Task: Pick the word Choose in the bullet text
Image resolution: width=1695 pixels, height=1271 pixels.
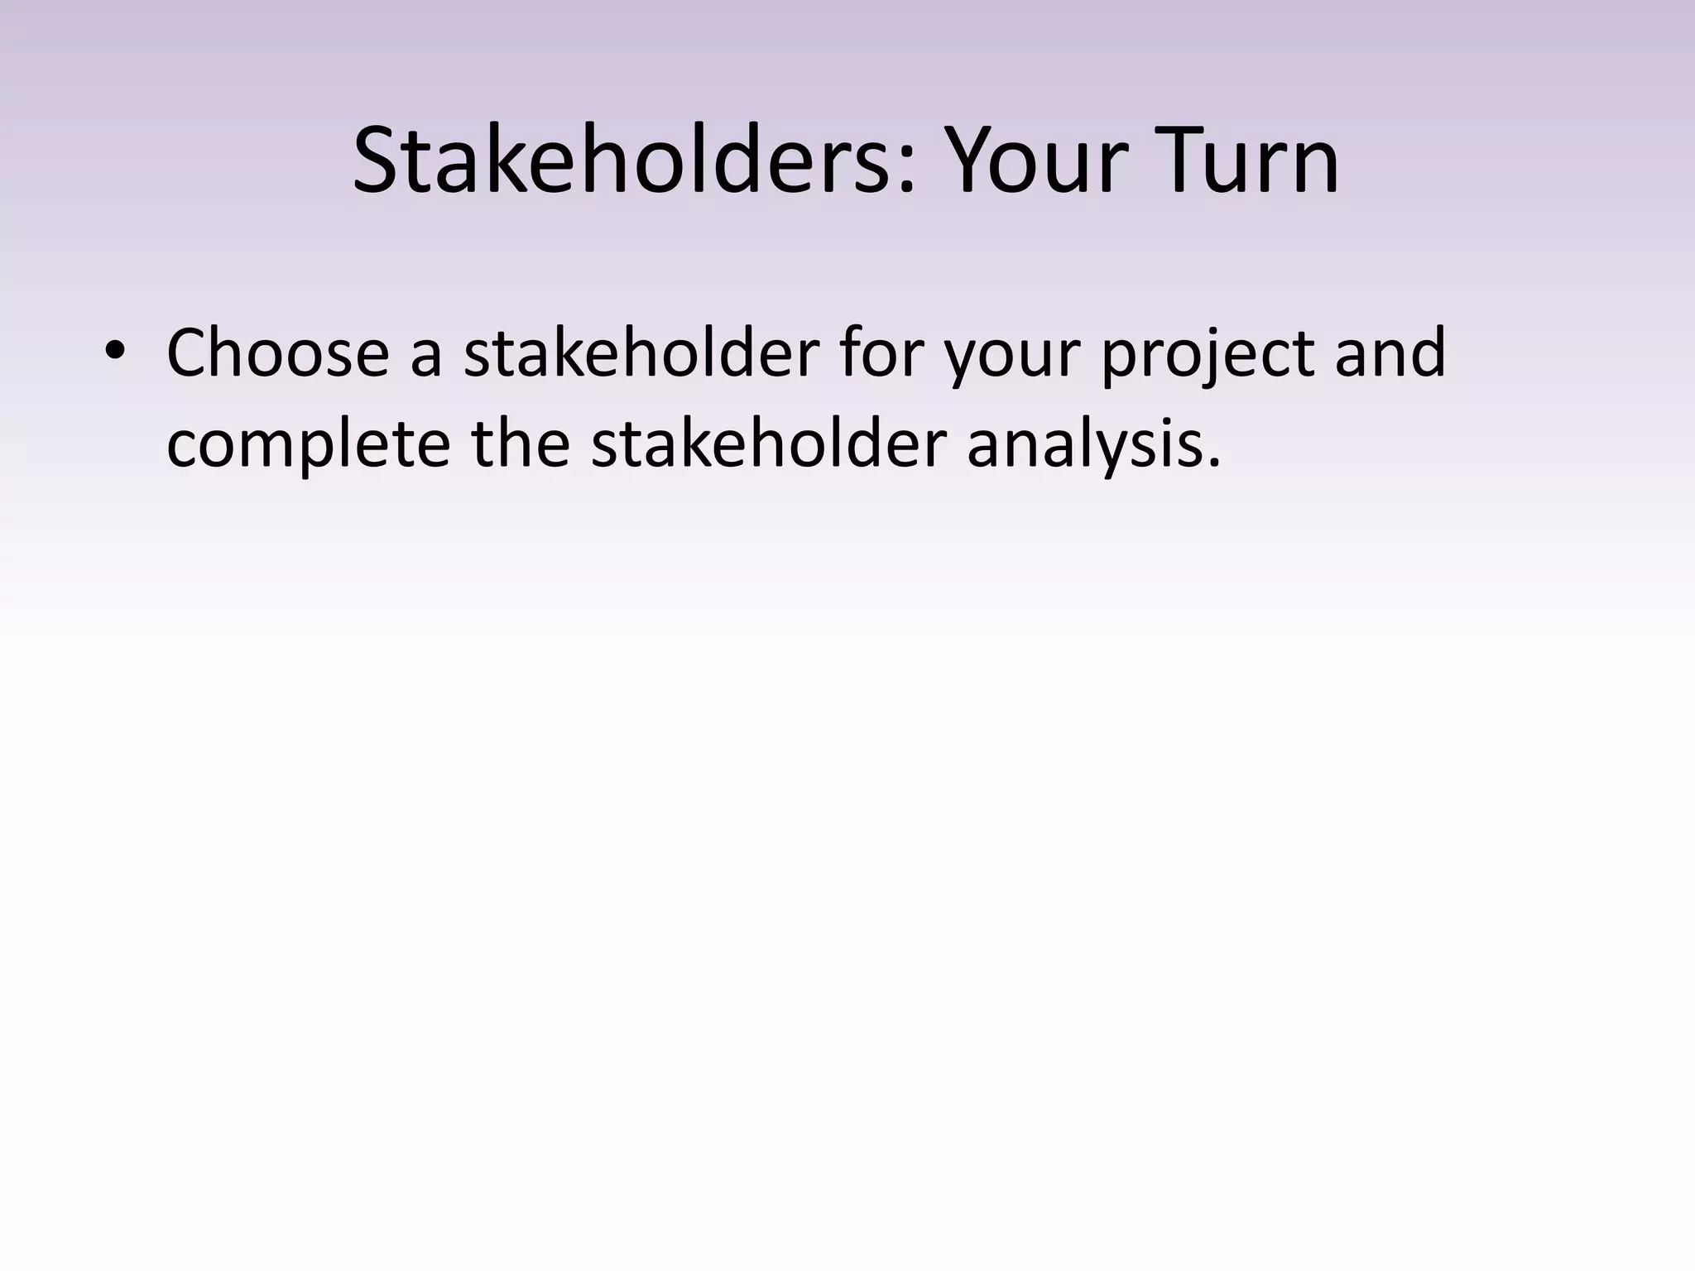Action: point(278,353)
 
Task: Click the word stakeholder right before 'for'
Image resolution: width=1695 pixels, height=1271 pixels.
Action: point(641,353)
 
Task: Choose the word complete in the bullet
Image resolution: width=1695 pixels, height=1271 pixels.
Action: point(308,447)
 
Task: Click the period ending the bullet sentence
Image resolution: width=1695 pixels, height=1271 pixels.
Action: point(1214,463)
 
